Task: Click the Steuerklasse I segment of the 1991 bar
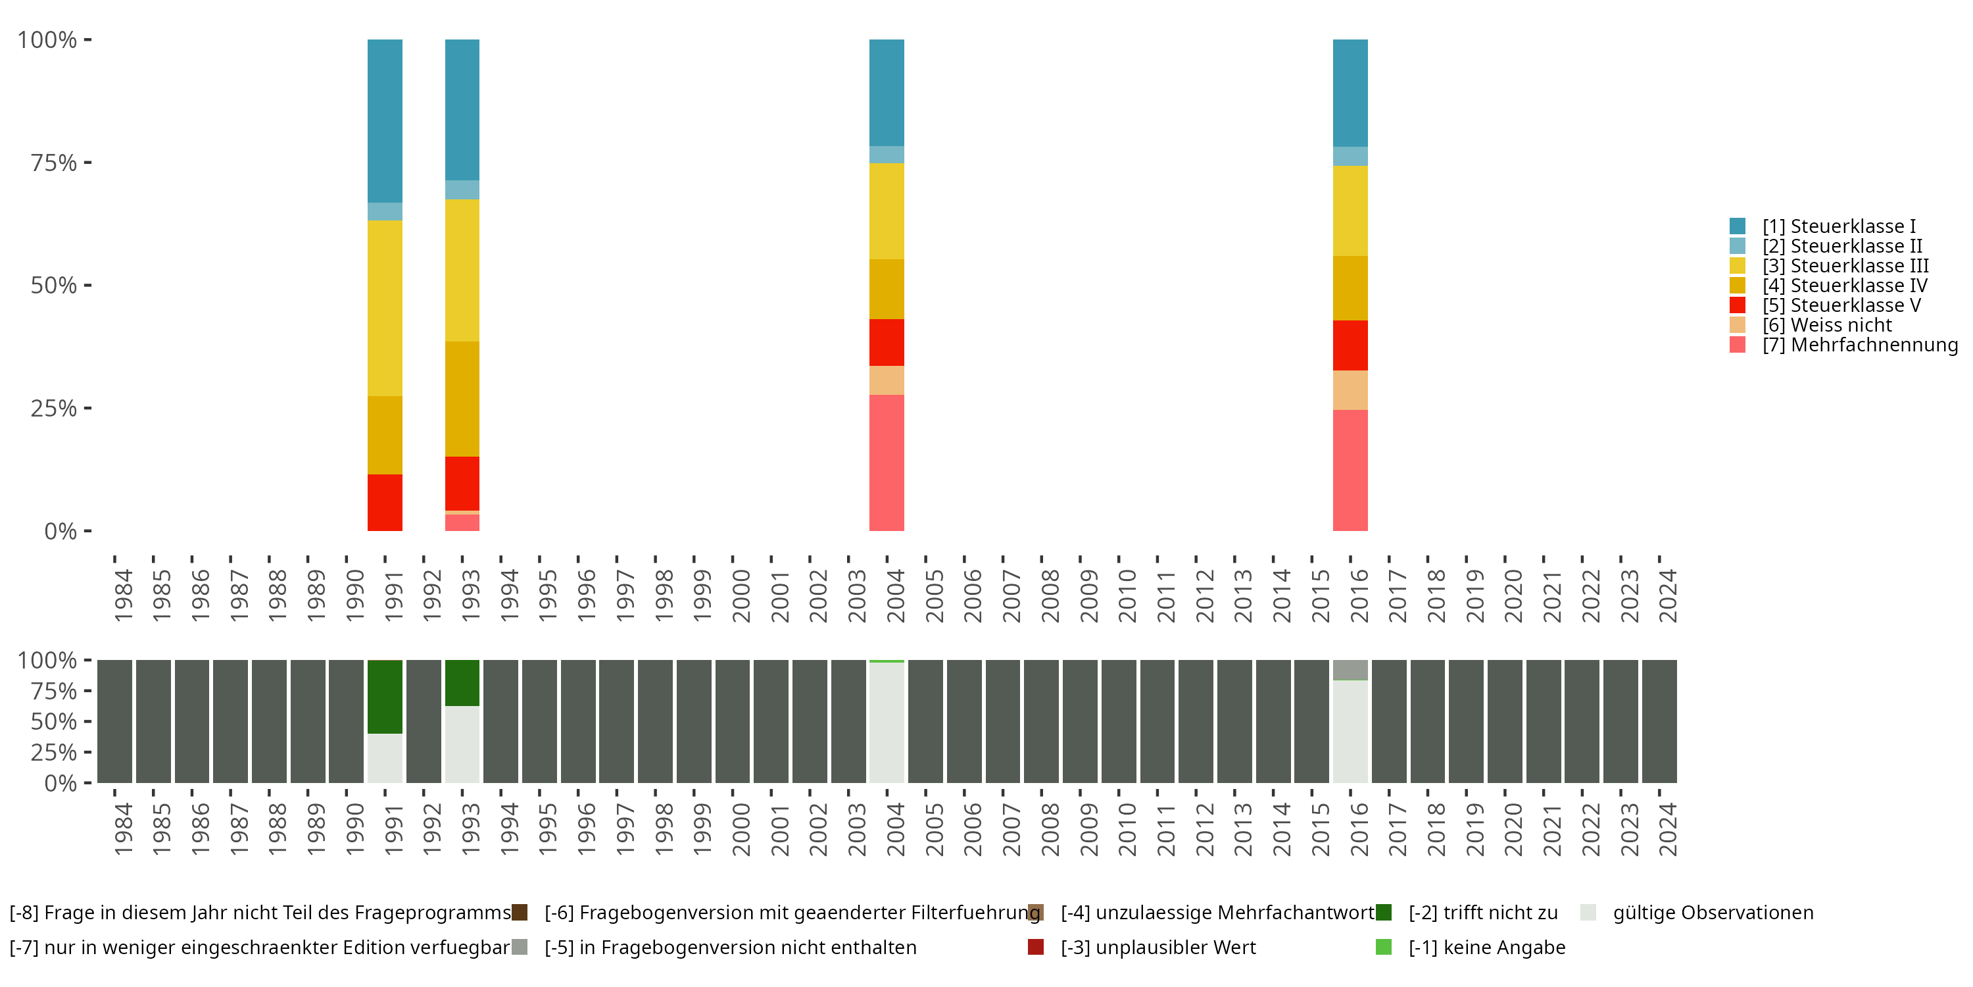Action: point(385,120)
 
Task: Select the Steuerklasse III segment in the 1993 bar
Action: point(462,270)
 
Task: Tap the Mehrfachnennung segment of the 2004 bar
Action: point(886,462)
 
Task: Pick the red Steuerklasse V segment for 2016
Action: point(1350,345)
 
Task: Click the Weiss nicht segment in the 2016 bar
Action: point(1350,390)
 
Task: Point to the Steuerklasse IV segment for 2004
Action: point(886,289)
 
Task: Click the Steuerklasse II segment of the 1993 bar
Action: point(462,190)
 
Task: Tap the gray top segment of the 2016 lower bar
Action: point(1350,670)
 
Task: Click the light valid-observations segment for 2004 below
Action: point(886,722)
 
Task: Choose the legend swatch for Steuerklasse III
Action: point(1737,266)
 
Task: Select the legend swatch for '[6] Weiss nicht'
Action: point(1737,325)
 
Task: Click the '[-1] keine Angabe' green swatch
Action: point(1383,947)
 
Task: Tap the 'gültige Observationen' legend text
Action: point(1713,913)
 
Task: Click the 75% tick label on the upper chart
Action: point(54,163)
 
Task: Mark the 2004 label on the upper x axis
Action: point(894,595)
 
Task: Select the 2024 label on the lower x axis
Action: point(1667,829)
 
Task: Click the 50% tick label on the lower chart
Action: point(54,722)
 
